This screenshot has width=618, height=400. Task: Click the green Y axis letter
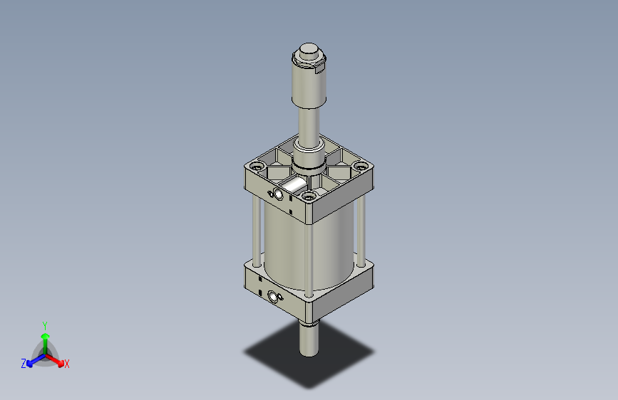point(45,324)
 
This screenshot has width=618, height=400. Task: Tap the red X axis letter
point(67,364)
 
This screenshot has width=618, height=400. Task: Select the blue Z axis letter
point(24,364)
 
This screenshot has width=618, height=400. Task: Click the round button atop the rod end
point(309,52)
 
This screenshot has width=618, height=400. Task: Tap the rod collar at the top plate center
point(308,162)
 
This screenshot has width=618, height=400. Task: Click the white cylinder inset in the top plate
point(292,187)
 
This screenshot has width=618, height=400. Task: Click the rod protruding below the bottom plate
point(308,338)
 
